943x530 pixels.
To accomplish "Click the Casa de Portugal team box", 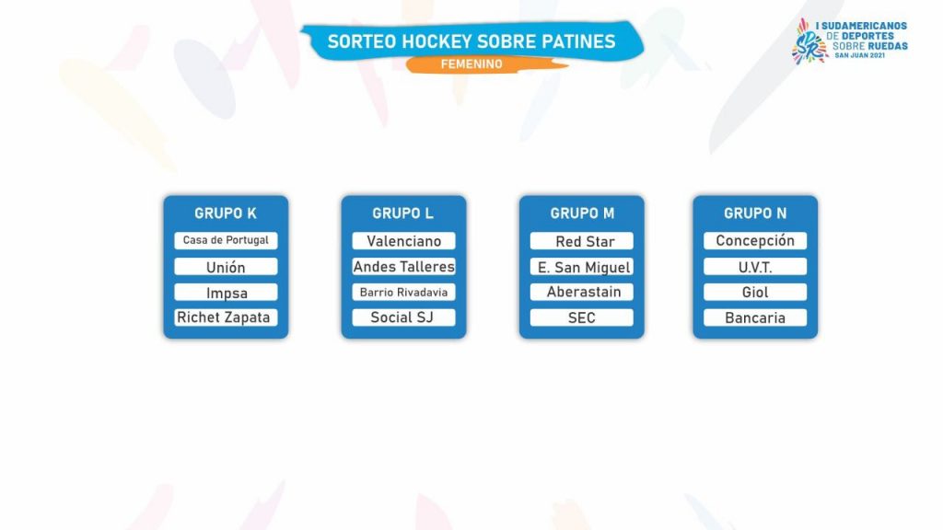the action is [x=227, y=240].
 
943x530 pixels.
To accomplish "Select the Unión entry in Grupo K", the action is [x=227, y=267].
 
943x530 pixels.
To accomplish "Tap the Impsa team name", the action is [x=227, y=293].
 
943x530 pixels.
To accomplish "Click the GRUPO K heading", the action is [x=226, y=213].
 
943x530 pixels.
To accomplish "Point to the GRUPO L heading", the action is [x=403, y=213].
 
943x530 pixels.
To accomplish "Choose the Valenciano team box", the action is [x=403, y=241].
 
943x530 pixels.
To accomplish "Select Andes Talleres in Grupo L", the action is [x=403, y=267].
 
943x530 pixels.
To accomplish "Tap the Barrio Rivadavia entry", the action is [x=403, y=293].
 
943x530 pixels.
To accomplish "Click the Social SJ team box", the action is [x=403, y=317].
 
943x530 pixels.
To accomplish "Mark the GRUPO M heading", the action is [x=582, y=213].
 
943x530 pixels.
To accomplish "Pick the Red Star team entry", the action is [x=582, y=241].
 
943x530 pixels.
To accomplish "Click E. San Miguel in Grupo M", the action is [x=582, y=267].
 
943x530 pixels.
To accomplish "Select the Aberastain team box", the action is [x=582, y=293].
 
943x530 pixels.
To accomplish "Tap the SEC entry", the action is [x=582, y=317].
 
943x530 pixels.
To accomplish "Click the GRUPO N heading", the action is [x=755, y=213].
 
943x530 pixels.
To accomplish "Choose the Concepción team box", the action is [x=755, y=241].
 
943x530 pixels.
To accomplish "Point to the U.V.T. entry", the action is [x=755, y=267].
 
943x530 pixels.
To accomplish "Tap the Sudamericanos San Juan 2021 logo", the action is [x=849, y=40].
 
